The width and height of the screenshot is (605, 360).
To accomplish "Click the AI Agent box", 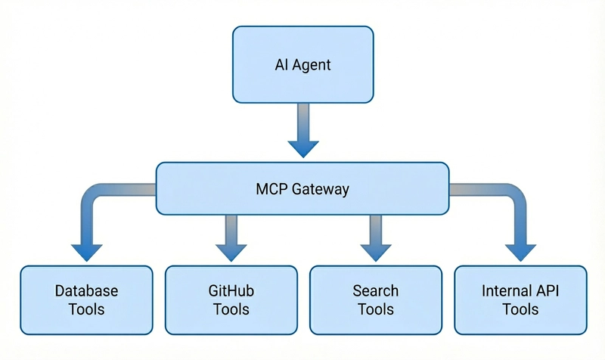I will [x=302, y=64].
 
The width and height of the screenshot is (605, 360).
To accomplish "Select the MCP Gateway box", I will [x=302, y=188].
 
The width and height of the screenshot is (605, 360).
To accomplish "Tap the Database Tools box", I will [x=86, y=299].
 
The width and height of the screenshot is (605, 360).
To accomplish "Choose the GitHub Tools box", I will [x=231, y=299].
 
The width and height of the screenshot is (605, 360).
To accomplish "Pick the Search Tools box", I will [x=375, y=299].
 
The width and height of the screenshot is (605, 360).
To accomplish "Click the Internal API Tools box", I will [x=520, y=299].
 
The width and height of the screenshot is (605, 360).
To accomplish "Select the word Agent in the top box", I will [x=312, y=64].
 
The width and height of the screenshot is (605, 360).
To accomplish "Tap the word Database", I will [x=86, y=290].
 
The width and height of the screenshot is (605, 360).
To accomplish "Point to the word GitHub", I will [x=231, y=290].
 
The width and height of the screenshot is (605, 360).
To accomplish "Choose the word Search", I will [x=375, y=290].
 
